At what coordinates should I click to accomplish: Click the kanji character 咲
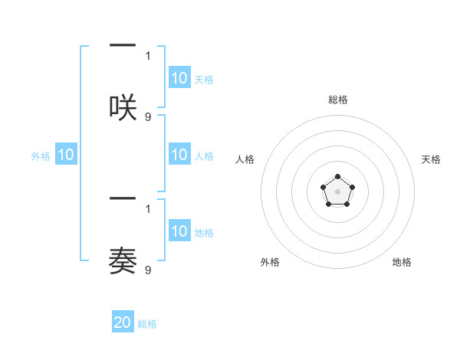[x=123, y=106]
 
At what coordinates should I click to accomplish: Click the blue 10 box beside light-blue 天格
[x=179, y=78]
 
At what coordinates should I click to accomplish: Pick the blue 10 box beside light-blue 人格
[x=179, y=155]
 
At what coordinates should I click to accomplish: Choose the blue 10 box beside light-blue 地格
[x=179, y=231]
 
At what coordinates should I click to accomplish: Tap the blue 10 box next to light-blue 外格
[x=66, y=155]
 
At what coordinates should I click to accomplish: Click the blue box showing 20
[x=123, y=322]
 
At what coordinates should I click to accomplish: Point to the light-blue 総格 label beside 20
[x=147, y=324]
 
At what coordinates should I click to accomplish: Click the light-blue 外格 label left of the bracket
[x=41, y=156]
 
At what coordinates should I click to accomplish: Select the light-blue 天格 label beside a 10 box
[x=204, y=79]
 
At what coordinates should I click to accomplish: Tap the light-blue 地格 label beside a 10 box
[x=204, y=232]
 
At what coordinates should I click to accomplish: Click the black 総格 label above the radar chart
[x=337, y=100]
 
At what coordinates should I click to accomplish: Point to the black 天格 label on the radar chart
[x=431, y=159]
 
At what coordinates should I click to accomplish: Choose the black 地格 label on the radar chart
[x=402, y=262]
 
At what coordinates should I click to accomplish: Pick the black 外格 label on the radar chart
[x=270, y=262]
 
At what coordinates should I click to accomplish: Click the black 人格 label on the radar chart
[x=245, y=159]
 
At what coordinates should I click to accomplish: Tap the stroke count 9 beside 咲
[x=148, y=117]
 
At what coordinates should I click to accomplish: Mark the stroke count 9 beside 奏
[x=148, y=270]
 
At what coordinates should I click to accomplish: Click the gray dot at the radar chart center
[x=337, y=191]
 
